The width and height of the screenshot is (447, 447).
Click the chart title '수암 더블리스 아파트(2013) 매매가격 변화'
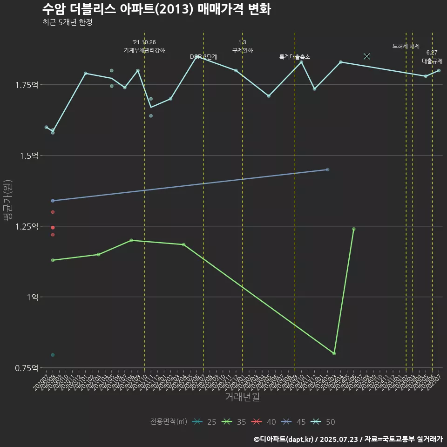[x=156, y=9]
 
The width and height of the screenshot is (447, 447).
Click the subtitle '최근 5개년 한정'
[x=67, y=22]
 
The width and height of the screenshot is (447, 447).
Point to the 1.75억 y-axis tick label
[x=27, y=85]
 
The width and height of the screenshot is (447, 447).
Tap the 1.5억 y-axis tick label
[x=29, y=156]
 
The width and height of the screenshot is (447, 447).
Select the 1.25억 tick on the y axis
[x=27, y=226]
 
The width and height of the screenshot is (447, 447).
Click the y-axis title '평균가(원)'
[x=7, y=200]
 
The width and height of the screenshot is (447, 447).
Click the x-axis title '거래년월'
[x=242, y=397]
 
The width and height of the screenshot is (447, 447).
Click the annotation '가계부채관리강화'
[x=144, y=50]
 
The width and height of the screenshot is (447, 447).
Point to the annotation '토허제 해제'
[x=406, y=46]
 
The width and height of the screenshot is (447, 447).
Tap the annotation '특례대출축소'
[x=295, y=57]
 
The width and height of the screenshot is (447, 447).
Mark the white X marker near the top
[x=367, y=56]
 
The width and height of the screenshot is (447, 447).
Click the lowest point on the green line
[x=334, y=353]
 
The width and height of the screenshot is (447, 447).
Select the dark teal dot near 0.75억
[x=53, y=355]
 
